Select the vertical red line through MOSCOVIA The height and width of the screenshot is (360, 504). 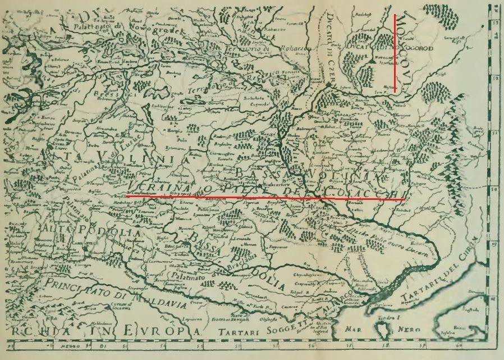pos(395,53)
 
